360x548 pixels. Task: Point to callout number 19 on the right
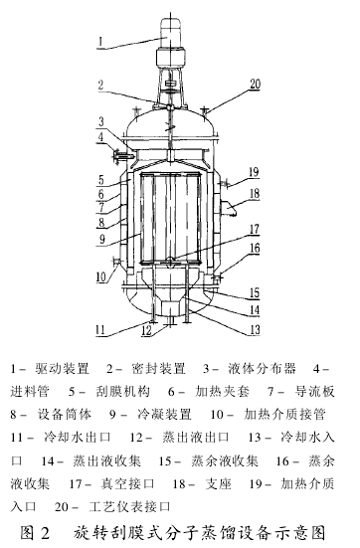254,170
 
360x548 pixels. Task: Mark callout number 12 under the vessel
145,330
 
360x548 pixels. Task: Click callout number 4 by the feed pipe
100,150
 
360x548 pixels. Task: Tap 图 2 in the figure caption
33,528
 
